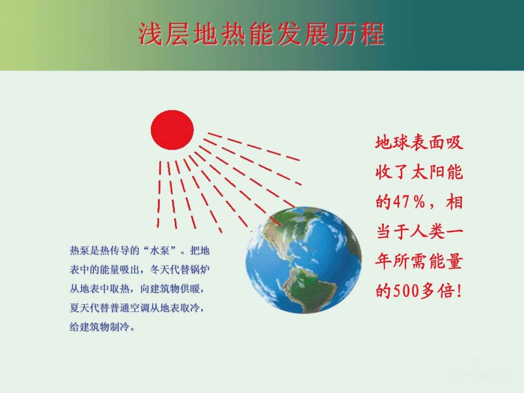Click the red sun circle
pos(172,129)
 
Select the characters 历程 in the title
pos(358,34)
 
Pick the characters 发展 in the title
pos(303,34)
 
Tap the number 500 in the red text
pos(406,291)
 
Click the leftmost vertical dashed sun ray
pos(159,194)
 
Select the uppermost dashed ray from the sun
pos(253,146)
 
